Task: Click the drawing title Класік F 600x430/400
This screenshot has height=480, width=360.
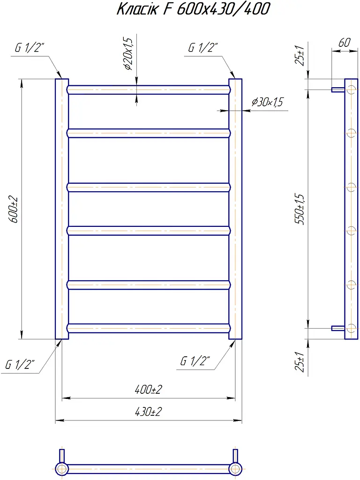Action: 193,9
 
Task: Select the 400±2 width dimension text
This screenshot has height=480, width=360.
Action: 149,390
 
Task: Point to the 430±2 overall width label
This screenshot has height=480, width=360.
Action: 149,412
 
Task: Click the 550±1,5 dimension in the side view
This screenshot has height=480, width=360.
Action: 300,209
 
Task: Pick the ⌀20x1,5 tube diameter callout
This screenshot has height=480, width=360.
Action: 128,54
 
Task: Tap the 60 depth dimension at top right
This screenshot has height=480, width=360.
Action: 344,43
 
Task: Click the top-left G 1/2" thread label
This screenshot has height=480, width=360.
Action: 30,48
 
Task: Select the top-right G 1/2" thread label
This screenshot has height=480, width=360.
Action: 203,48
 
